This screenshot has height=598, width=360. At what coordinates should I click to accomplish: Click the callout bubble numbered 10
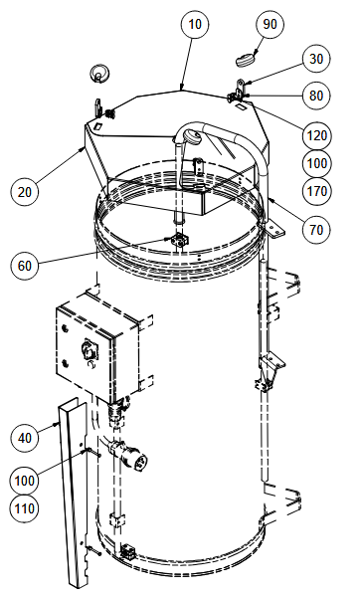pyautogui.click(x=195, y=24)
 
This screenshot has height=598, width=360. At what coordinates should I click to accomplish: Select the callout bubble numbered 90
pyautogui.click(x=270, y=24)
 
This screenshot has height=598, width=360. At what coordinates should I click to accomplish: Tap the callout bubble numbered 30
pyautogui.click(x=316, y=59)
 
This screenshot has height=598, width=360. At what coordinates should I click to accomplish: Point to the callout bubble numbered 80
pyautogui.click(x=316, y=96)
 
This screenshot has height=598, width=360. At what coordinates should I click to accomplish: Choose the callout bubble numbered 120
pyautogui.click(x=316, y=135)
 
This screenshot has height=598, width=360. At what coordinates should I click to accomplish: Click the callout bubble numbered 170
pyautogui.click(x=316, y=191)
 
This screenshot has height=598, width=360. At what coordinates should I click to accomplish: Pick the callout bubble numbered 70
pyautogui.click(x=316, y=230)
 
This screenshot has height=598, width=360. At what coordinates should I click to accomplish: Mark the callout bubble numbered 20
pyautogui.click(x=25, y=191)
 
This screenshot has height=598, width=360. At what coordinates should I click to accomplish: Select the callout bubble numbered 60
pyautogui.click(x=25, y=266)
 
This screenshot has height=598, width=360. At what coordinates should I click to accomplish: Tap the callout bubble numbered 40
pyautogui.click(x=25, y=438)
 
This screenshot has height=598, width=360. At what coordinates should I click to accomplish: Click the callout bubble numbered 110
pyautogui.click(x=25, y=508)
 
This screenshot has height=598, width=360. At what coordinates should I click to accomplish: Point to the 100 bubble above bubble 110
pyautogui.click(x=25, y=481)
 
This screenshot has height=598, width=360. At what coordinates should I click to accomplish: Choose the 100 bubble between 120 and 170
pyautogui.click(x=316, y=163)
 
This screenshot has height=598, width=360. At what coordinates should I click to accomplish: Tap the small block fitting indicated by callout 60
pyautogui.click(x=179, y=240)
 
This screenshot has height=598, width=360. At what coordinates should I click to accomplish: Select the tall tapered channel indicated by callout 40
pyautogui.click(x=74, y=492)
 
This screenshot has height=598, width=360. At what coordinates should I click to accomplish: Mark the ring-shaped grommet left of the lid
pyautogui.click(x=99, y=73)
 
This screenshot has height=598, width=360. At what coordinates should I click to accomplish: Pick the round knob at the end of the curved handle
pyautogui.click(x=191, y=137)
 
